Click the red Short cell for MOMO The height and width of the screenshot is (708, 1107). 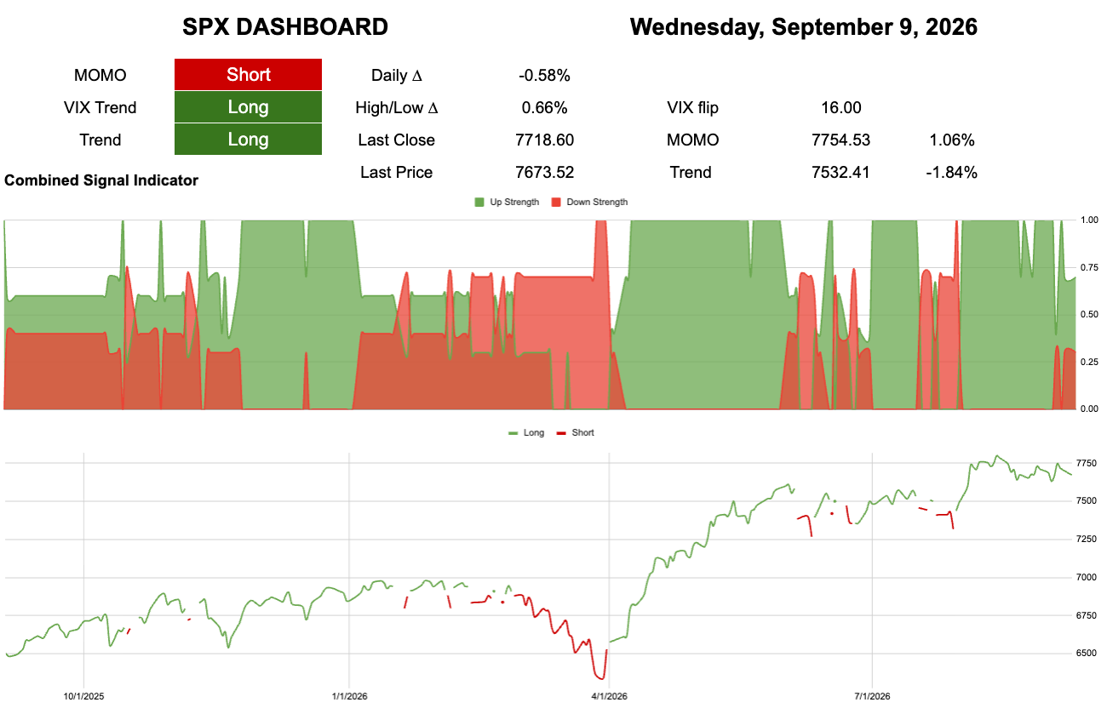pyautogui.click(x=248, y=75)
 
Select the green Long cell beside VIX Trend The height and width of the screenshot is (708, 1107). pyautogui.click(x=248, y=107)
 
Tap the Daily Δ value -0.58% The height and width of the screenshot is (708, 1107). pyautogui.click(x=544, y=76)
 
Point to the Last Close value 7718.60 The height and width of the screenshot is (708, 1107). pyautogui.click(x=544, y=140)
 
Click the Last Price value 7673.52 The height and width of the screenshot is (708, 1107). pyautogui.click(x=544, y=172)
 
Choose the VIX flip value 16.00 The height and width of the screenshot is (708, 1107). pyautogui.click(x=840, y=107)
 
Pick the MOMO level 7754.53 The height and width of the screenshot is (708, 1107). pyautogui.click(x=840, y=140)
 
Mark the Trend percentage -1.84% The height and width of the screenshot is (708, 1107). pyautogui.click(x=951, y=172)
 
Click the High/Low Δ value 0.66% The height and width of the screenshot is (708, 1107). pyautogui.click(x=544, y=107)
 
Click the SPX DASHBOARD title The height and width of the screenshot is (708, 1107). pyautogui.click(x=285, y=26)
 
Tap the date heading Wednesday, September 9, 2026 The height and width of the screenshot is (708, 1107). pyautogui.click(x=804, y=26)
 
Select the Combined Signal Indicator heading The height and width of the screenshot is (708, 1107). pyautogui.click(x=100, y=180)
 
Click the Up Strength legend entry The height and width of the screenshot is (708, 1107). pyautogui.click(x=507, y=202)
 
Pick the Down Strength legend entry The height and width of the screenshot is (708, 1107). pyautogui.click(x=589, y=202)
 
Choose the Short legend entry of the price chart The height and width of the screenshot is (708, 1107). pyautogui.click(x=576, y=432)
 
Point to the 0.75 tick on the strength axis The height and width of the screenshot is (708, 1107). pyautogui.click(x=1089, y=267)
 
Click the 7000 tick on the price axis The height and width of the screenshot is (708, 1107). pyautogui.click(x=1087, y=577)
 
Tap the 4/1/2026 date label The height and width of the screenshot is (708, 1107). pyautogui.click(x=609, y=696)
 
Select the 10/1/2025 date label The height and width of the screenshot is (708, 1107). pyautogui.click(x=83, y=696)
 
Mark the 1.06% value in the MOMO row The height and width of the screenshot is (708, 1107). pyautogui.click(x=952, y=140)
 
